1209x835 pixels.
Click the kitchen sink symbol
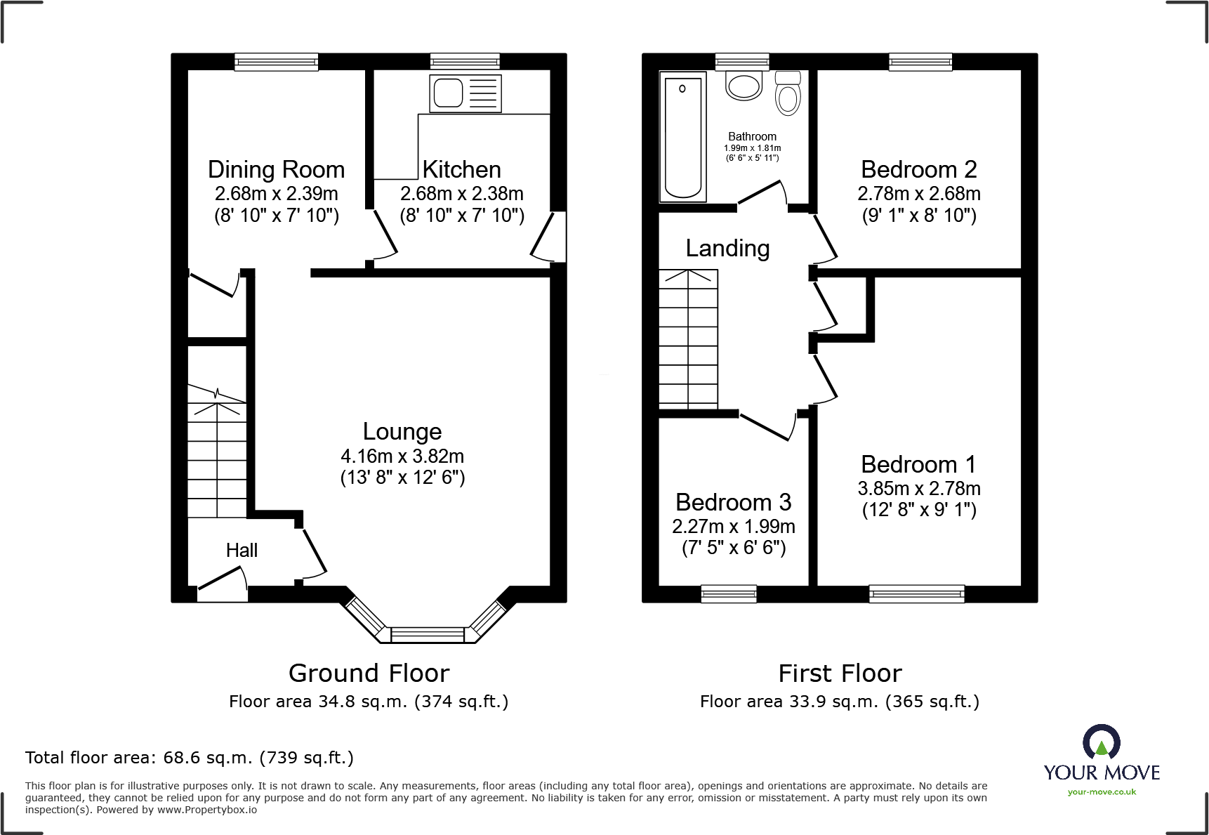click(465, 93)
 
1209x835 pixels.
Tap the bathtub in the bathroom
click(682, 137)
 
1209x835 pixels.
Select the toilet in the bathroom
click(788, 93)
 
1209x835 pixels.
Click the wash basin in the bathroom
click(744, 86)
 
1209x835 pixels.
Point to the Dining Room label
click(276, 170)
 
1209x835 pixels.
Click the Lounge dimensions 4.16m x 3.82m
click(402, 456)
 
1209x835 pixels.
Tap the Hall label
click(242, 551)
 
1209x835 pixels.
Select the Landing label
click(727, 249)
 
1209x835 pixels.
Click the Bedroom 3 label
click(733, 503)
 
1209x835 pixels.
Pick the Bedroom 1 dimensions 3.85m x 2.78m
click(918, 489)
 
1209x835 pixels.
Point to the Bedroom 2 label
click(918, 170)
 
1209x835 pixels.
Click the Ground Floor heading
click(369, 673)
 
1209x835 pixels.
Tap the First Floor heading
click(840, 673)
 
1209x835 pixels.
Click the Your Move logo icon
click(1101, 742)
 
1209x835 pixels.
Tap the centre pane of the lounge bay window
click(427, 635)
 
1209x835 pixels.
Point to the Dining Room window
click(276, 63)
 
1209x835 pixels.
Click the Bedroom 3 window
click(728, 594)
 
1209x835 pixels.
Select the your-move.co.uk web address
click(1101, 792)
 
